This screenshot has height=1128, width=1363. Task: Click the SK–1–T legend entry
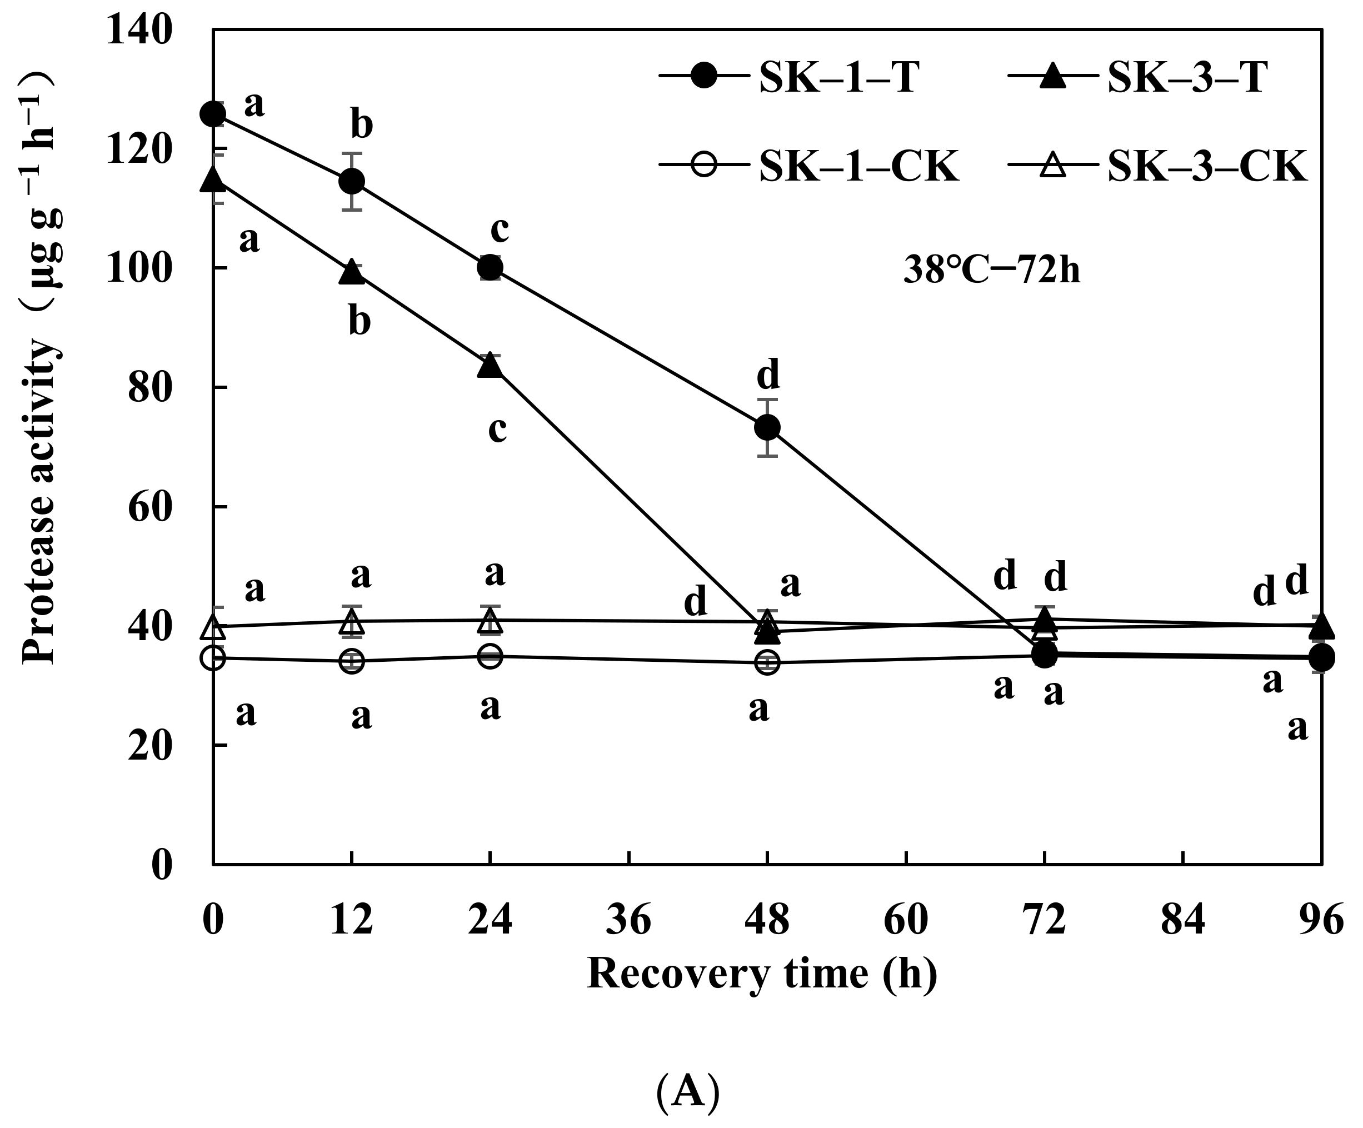click(788, 77)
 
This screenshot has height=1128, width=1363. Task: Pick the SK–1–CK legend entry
click(808, 166)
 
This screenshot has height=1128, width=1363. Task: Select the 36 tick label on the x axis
click(628, 920)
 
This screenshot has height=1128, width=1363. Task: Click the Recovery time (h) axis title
click(762, 974)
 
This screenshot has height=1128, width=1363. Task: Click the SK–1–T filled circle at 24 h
click(490, 267)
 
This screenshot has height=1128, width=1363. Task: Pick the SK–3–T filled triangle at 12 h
click(352, 272)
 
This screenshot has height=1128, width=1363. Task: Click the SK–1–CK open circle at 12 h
click(352, 661)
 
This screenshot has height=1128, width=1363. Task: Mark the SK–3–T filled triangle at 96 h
click(1321, 626)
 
